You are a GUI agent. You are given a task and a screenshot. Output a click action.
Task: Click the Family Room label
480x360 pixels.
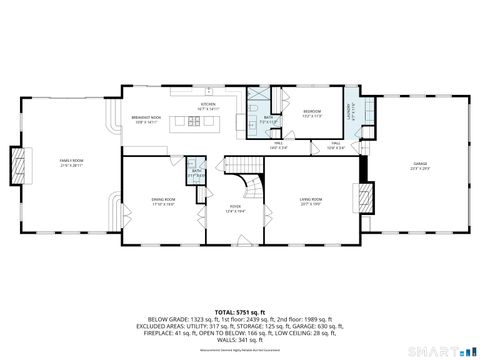click(x=71, y=161)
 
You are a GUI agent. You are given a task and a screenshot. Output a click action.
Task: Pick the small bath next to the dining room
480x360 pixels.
click(x=197, y=174)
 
